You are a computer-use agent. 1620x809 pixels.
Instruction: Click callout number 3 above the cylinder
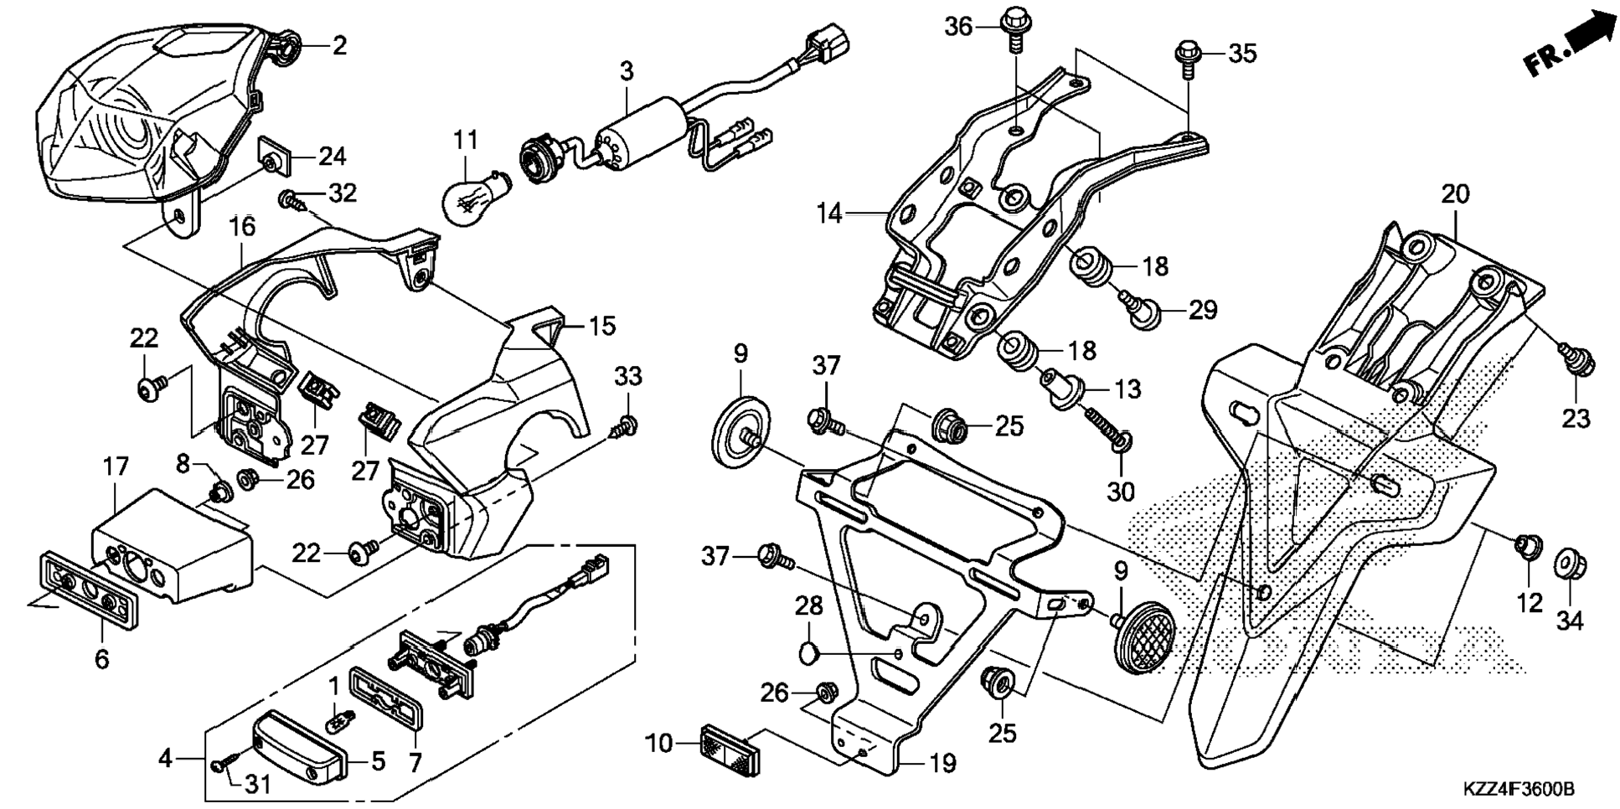(x=627, y=72)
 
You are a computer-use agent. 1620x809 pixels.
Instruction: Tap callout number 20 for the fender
(x=1454, y=194)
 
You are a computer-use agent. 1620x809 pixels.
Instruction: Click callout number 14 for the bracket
(x=829, y=214)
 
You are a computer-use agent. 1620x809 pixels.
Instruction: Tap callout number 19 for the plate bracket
(x=942, y=763)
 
